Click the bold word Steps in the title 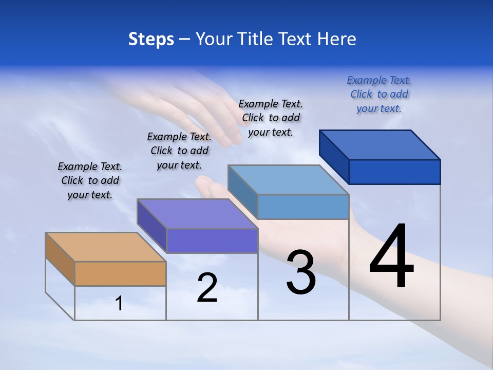click(151, 39)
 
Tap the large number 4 click(391, 257)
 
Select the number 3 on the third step click(301, 272)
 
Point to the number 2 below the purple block click(207, 288)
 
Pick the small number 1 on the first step click(119, 304)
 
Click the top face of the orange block click(106, 247)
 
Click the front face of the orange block click(120, 274)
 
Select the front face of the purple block click(212, 240)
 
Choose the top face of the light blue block click(288, 180)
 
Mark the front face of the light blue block click(303, 207)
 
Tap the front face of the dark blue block click(394, 172)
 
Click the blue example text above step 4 click(379, 95)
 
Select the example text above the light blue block click(271, 118)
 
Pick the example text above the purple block click(179, 151)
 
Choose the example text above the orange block click(90, 180)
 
